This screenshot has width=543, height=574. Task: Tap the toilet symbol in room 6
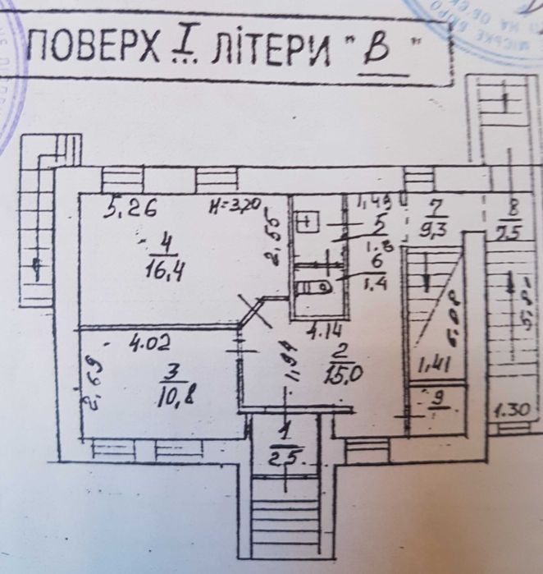[x=317, y=287]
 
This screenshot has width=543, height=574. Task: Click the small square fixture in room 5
[x=309, y=222]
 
